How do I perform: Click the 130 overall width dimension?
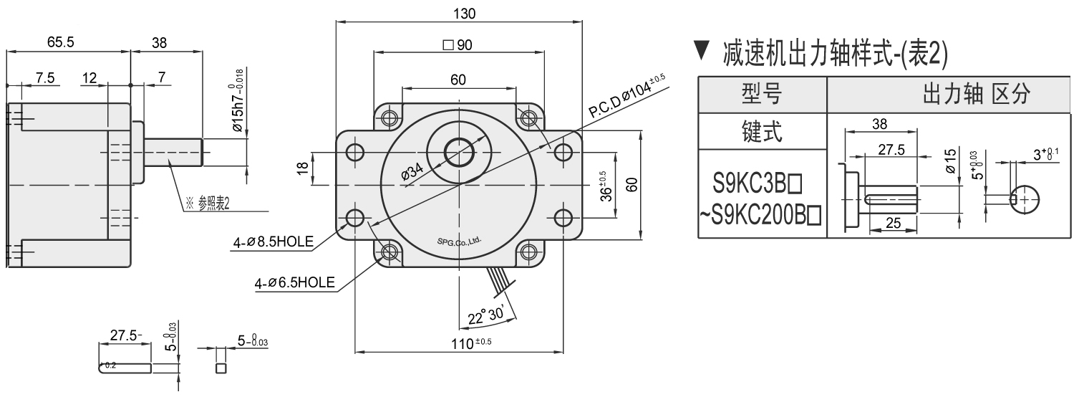tap(464, 14)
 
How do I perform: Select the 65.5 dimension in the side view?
tap(61, 42)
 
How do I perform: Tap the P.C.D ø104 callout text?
tap(627, 95)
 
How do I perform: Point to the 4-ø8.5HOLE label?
tap(273, 241)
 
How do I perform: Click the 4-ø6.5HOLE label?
tap(294, 282)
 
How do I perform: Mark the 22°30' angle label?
tap(486, 315)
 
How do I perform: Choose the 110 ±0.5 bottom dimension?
tap(471, 343)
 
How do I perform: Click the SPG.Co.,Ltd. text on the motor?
tap(459, 241)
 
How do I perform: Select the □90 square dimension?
tap(457, 45)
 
